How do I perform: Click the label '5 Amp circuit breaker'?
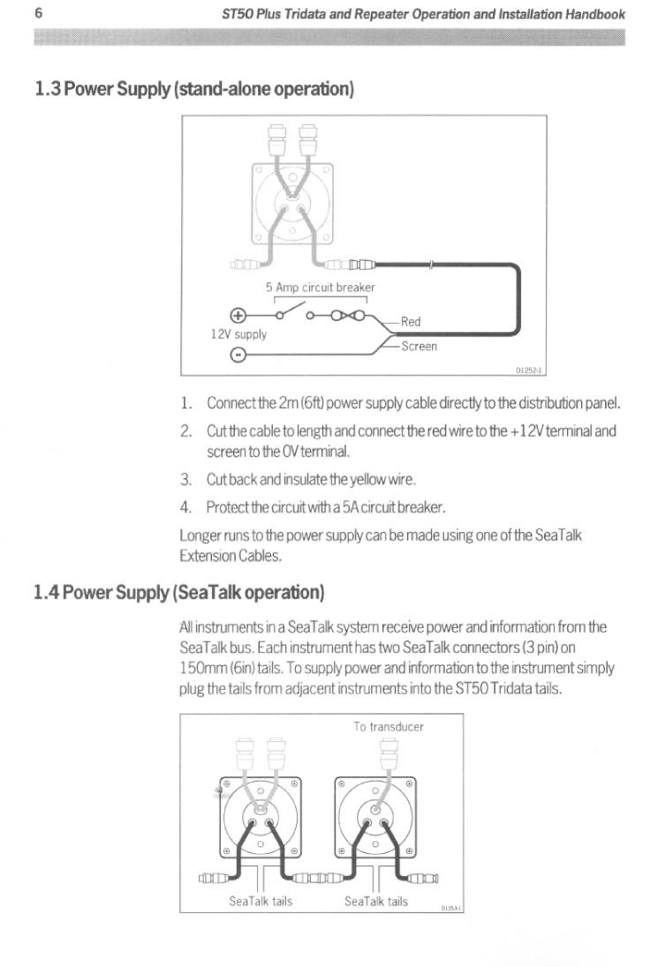coord(321,288)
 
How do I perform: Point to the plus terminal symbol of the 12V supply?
coord(236,315)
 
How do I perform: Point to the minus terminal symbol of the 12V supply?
coord(236,356)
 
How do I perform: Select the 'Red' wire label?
coord(411,322)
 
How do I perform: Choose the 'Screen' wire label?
coord(419,347)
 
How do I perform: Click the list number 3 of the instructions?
coord(185,480)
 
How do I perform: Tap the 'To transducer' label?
coord(389,727)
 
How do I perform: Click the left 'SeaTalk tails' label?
coord(261,901)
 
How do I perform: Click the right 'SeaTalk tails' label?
coord(376,901)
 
